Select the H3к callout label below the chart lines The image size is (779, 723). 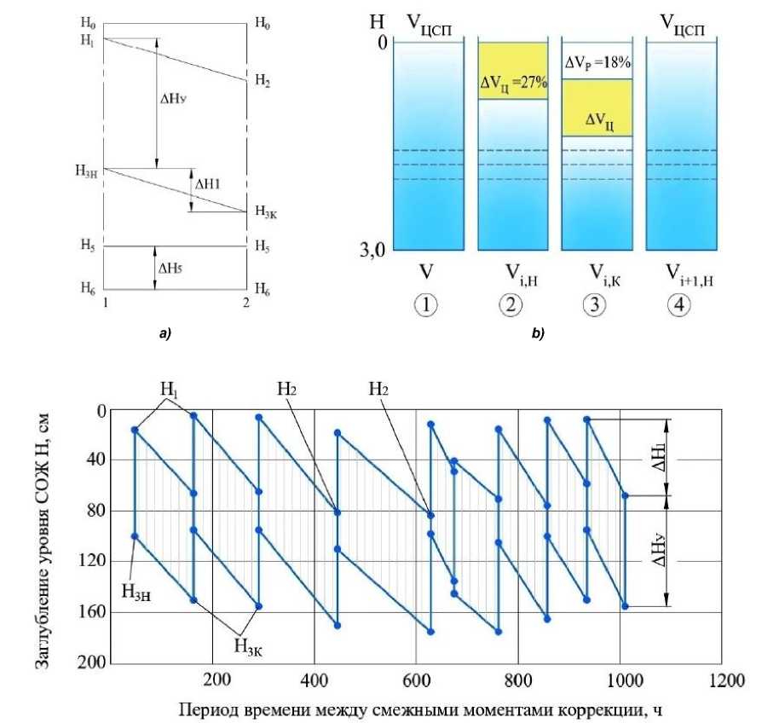coord(247,645)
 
